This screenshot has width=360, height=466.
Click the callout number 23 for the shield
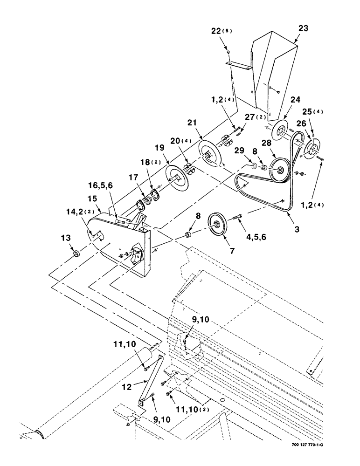click(x=303, y=28)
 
